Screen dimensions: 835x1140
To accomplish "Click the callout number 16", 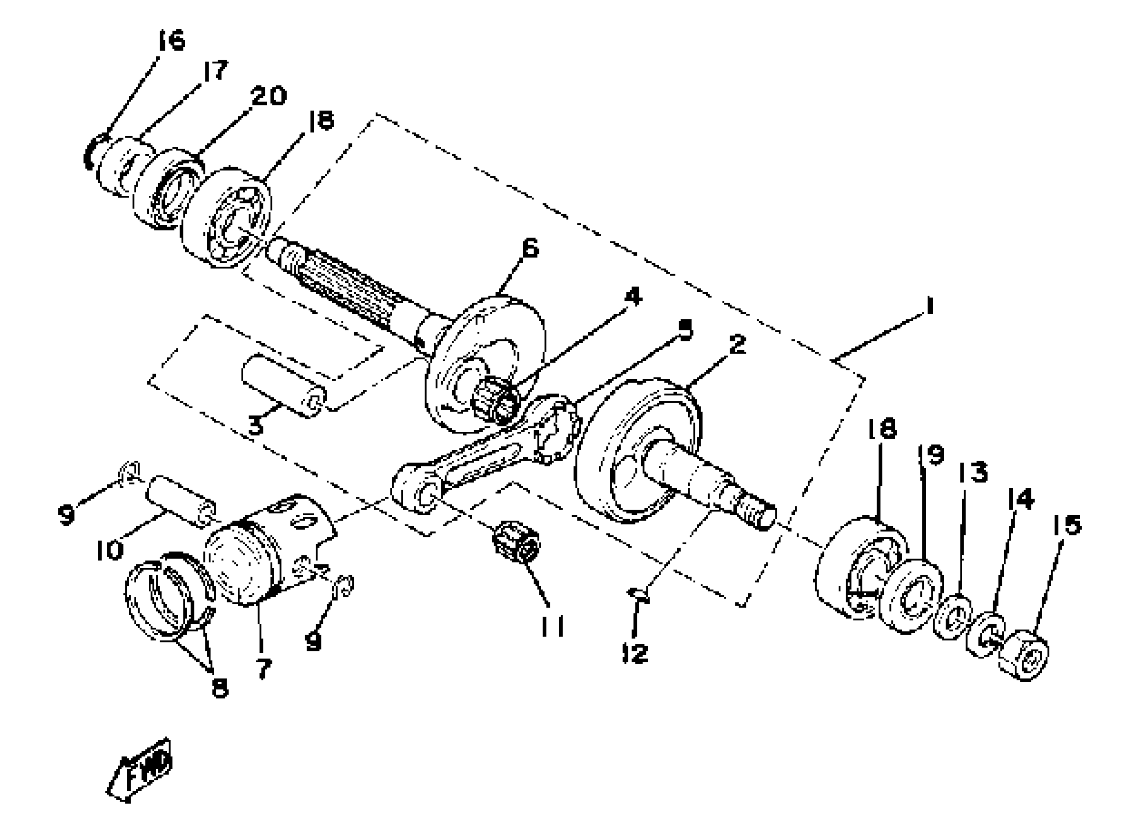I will click(171, 40).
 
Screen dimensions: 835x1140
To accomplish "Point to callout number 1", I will click(929, 307).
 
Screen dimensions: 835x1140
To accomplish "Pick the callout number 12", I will click(635, 654).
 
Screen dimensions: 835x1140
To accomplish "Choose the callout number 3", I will click(256, 425).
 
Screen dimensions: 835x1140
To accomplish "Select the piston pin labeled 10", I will click(181, 501).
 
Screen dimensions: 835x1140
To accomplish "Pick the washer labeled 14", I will click(985, 635).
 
